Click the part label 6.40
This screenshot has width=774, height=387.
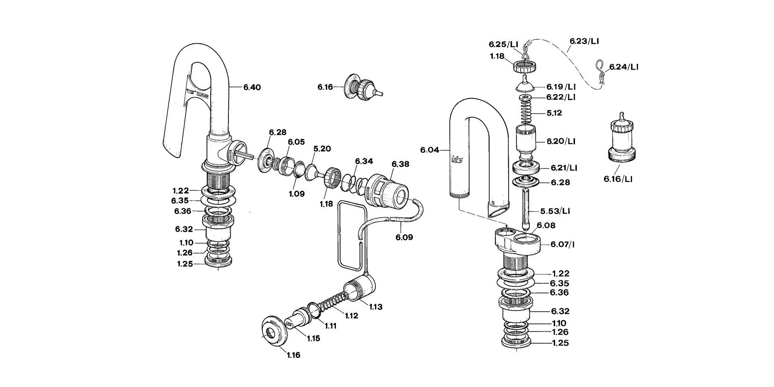pyautogui.click(x=252, y=87)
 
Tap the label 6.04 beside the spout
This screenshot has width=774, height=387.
pyautogui.click(x=430, y=150)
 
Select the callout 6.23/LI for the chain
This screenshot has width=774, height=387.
pyautogui.click(x=584, y=41)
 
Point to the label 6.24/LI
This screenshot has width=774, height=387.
pyautogui.click(x=623, y=67)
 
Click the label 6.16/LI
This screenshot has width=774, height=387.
pyautogui.click(x=618, y=179)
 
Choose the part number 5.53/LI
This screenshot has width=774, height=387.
pyautogui.click(x=555, y=211)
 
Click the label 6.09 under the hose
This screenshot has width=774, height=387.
pyautogui.click(x=404, y=237)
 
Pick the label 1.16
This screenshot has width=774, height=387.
pyautogui.click(x=293, y=355)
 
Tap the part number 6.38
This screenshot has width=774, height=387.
pyautogui.click(x=400, y=164)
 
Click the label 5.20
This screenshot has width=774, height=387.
pyautogui.click(x=322, y=148)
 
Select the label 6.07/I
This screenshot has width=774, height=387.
pyautogui.click(x=562, y=245)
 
